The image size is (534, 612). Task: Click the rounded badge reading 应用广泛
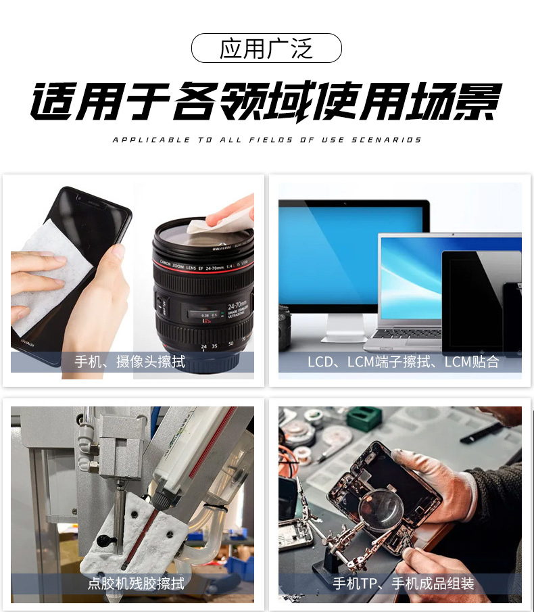click(x=266, y=49)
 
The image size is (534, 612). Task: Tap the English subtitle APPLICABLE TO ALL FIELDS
click(x=266, y=140)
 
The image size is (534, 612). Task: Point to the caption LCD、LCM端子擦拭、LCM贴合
click(x=403, y=362)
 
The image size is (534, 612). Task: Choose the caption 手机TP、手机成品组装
click(x=403, y=583)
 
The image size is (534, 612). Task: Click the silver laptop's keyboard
click(x=406, y=334)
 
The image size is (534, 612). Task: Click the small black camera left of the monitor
click(x=285, y=325)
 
